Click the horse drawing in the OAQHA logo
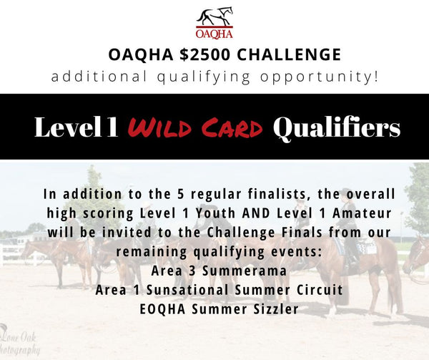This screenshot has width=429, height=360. (214, 16)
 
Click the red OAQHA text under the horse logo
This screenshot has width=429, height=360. (214, 34)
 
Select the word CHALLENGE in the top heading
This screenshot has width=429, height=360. (289, 54)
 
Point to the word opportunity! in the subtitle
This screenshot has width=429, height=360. (320, 77)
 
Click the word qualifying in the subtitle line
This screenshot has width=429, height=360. (204, 77)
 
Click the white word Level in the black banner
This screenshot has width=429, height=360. (68, 127)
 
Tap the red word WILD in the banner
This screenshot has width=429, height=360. (159, 127)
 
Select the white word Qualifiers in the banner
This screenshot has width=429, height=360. (337, 128)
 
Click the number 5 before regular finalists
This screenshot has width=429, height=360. (180, 194)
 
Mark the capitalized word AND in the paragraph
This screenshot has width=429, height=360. (257, 213)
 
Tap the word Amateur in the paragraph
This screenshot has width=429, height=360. (362, 213)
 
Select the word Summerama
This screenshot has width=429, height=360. (245, 271)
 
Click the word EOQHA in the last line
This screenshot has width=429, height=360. (162, 309)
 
